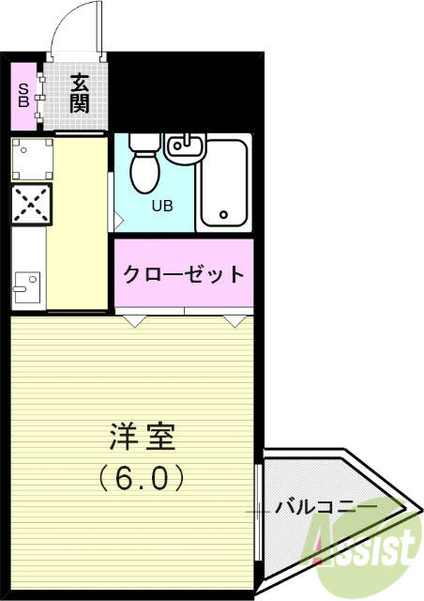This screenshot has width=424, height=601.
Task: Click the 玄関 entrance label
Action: (79, 93)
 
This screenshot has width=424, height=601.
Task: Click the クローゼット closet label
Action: (184, 275)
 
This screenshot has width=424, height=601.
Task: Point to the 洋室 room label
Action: (143, 438)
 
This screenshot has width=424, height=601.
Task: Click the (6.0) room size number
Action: (143, 479)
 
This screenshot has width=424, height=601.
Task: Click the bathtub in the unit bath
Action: (223, 184)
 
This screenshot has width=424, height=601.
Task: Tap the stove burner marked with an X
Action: (31, 204)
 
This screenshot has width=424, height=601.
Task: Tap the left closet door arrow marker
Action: (135, 321)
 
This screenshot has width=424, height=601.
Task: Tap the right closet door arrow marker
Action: (235, 321)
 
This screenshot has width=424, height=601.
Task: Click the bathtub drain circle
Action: (223, 215)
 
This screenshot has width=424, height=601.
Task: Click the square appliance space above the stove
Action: (31, 159)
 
